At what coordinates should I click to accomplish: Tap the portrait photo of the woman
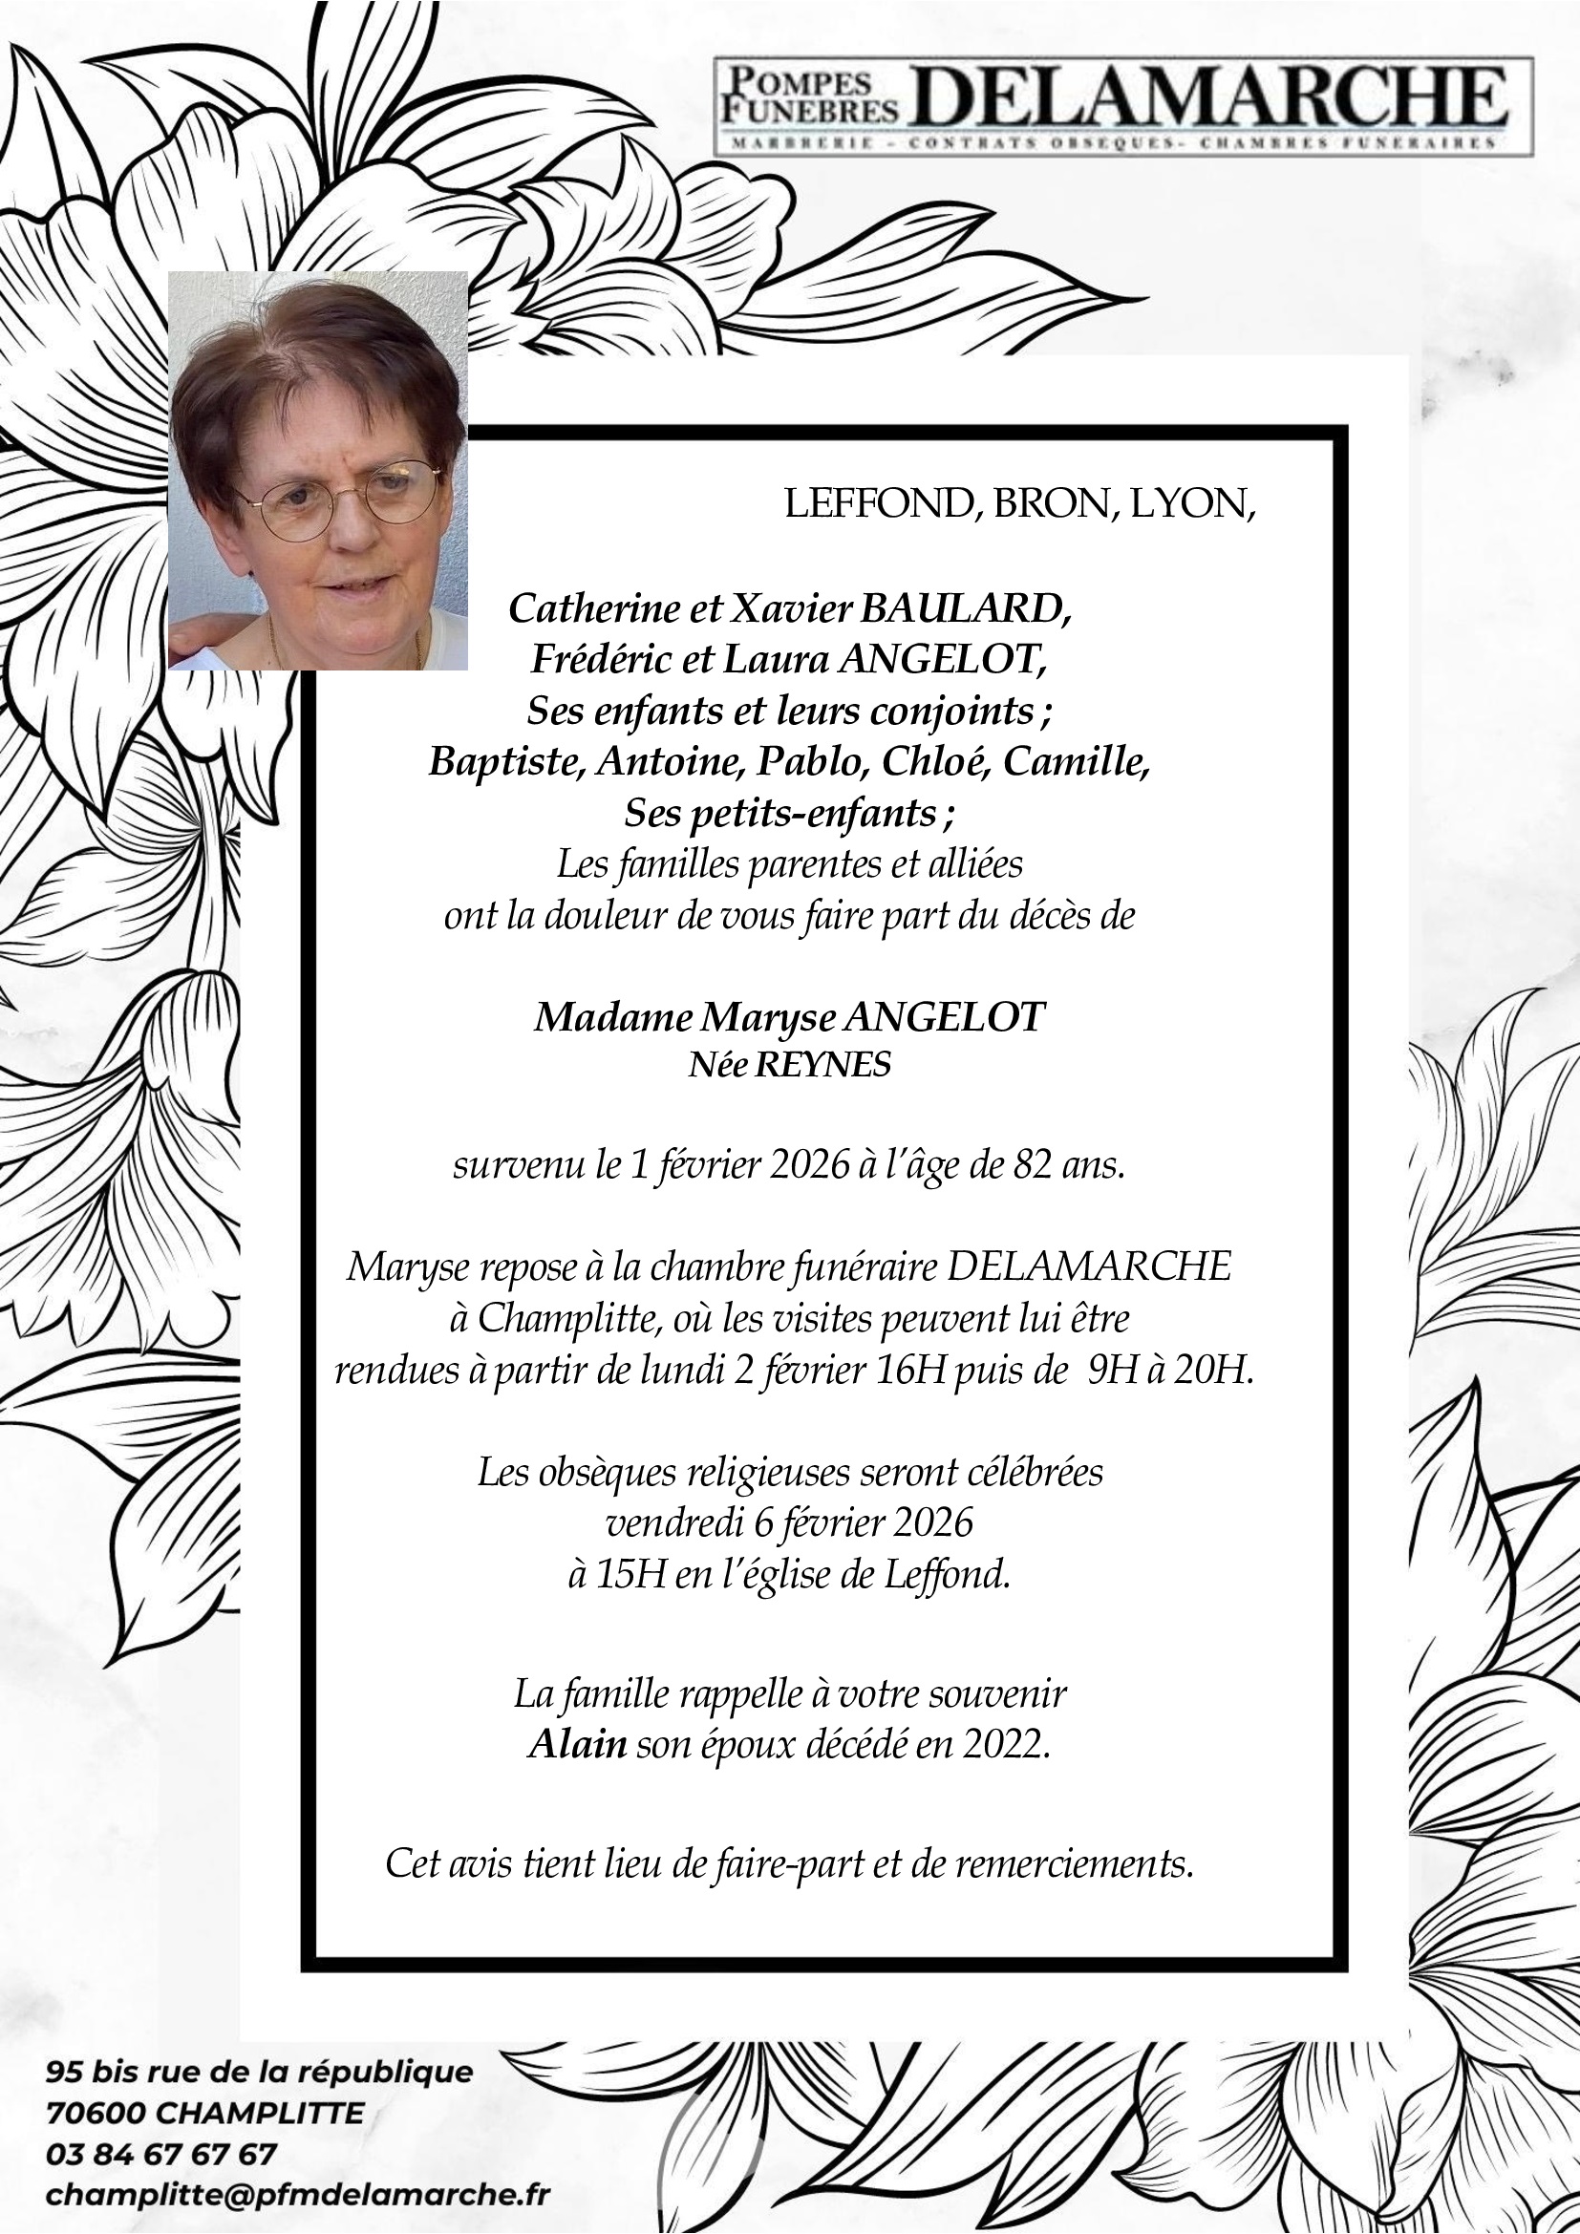[318, 471]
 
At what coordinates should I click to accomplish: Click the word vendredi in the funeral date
[675, 1522]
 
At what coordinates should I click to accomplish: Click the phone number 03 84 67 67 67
[161, 2154]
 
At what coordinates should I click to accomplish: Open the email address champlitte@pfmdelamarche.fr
[298, 2195]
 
